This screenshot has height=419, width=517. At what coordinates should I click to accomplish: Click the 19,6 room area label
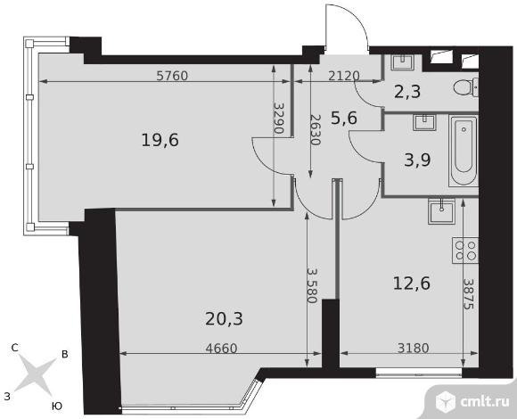pyautogui.click(x=160, y=140)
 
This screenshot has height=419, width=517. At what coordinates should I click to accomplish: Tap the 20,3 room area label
pyautogui.click(x=224, y=319)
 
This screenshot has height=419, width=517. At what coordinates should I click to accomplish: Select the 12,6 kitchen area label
pyautogui.click(x=412, y=283)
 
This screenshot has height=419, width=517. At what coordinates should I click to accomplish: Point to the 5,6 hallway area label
pyautogui.click(x=344, y=118)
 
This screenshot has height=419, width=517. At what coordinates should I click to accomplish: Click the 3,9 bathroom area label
pyautogui.click(x=417, y=160)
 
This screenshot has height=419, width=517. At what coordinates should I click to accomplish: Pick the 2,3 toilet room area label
pyautogui.click(x=407, y=92)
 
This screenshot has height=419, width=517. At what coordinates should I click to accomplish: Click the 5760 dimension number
pyautogui.click(x=172, y=76)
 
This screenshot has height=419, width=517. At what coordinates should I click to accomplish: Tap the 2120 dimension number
pyautogui.click(x=344, y=76)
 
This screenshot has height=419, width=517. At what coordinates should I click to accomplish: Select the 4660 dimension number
pyautogui.click(x=221, y=348)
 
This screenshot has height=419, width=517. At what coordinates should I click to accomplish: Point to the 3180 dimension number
pyautogui.click(x=413, y=348)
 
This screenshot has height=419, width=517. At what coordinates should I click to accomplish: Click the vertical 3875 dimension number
pyautogui.click(x=468, y=294)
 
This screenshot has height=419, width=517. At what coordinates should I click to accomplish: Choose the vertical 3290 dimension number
pyautogui.click(x=279, y=118)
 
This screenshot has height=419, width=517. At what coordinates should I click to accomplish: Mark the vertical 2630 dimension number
pyautogui.click(x=315, y=130)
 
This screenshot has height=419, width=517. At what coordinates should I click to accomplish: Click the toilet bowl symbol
pyautogui.click(x=466, y=87)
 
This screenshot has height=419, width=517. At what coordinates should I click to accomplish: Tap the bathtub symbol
pyautogui.click(x=464, y=151)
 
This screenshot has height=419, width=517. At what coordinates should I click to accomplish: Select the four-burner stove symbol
pyautogui.click(x=465, y=251)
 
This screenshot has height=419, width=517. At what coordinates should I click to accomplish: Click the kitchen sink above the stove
pyautogui.click(x=441, y=211)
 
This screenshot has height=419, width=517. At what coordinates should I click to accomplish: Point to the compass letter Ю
pyautogui.click(x=57, y=407)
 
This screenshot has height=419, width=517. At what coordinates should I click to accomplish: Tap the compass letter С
pyautogui.click(x=14, y=348)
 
